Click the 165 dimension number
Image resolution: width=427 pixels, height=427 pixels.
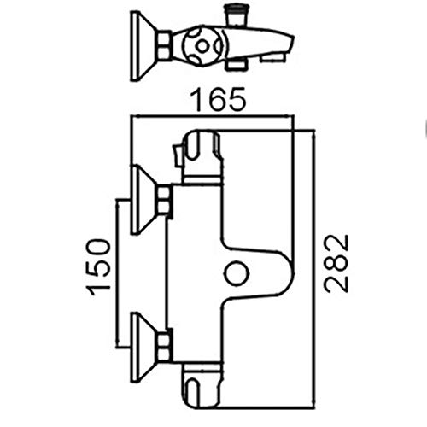pyautogui.click(x=218, y=99)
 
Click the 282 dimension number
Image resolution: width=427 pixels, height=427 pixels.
pyautogui.click(x=337, y=264)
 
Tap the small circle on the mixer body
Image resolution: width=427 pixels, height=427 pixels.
pyautogui.click(x=237, y=273)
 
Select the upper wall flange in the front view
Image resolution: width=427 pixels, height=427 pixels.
pyautogui.click(x=142, y=199)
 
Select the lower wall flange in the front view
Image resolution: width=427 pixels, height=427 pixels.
pyautogui.click(x=142, y=348)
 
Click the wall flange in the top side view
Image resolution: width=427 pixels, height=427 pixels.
pyautogui.click(x=143, y=46)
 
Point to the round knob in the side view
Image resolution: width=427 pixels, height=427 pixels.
pyautogui.click(x=202, y=46)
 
